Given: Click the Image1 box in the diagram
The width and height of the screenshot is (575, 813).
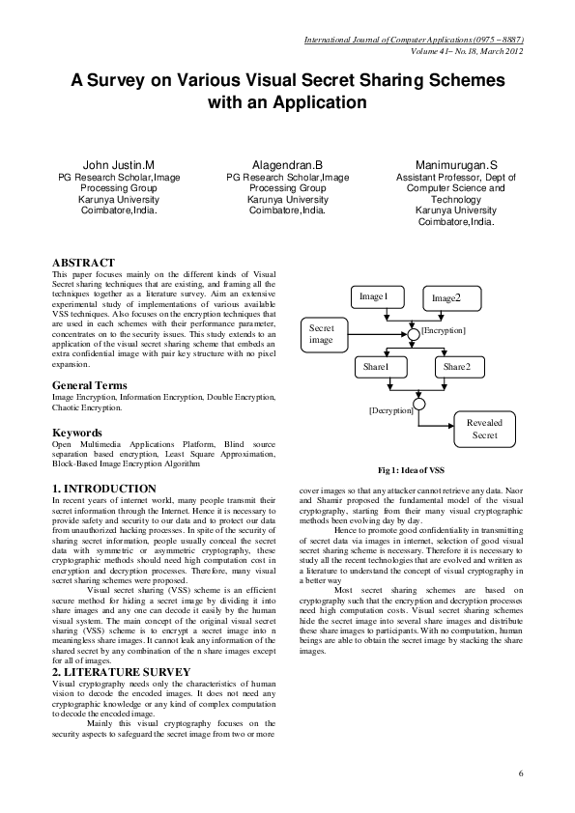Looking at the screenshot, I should point(373,296).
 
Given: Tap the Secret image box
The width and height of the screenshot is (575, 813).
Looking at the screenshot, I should point(322,334).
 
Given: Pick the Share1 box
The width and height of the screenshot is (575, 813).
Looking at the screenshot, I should point(376,367).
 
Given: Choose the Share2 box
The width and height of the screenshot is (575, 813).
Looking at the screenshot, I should point(456,367).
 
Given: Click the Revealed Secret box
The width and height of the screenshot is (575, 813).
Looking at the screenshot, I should point(484,430).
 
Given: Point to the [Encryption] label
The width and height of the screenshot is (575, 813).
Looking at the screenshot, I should point(444,331).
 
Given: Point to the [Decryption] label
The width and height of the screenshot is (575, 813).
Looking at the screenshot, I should point(390,410).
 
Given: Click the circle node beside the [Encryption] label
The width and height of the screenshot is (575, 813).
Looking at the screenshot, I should point(413,331).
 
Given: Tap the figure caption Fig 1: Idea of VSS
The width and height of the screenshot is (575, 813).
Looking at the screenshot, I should point(411,469).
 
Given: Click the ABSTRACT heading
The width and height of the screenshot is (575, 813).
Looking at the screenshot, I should point(83,263).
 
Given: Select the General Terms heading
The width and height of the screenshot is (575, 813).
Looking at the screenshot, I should point(89,385).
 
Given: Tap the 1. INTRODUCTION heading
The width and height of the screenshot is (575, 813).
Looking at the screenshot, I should point(103,489).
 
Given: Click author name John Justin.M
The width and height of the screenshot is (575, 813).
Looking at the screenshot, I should point(119,165).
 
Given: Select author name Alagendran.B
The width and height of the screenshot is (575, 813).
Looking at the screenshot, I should point(287,165).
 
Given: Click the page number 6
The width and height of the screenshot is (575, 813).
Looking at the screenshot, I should point(520,773).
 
